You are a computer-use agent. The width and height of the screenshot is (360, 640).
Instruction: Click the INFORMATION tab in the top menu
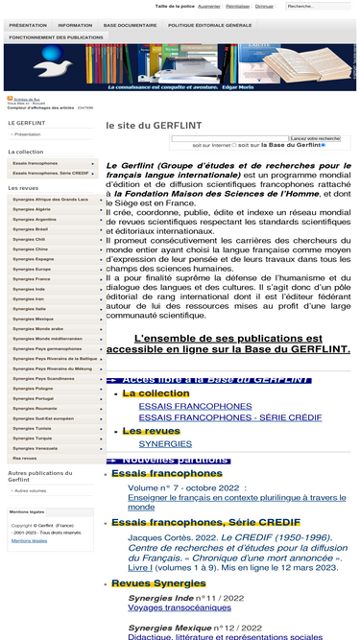75,25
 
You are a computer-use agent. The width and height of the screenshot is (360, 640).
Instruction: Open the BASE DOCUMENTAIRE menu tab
130,25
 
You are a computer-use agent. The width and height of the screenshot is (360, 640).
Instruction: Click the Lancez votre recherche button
315,138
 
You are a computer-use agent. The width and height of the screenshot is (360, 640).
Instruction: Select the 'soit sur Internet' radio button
234,146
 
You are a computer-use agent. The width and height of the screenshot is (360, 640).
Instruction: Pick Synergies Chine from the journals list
30,249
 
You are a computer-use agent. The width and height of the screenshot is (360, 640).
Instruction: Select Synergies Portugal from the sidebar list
33,398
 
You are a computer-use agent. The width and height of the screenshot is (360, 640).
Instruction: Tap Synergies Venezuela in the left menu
36,448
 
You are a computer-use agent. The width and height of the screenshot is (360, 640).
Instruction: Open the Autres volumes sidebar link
30,490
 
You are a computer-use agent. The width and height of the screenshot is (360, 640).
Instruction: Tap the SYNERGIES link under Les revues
165,444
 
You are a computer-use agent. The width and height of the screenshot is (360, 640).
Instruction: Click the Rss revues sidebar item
25,459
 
